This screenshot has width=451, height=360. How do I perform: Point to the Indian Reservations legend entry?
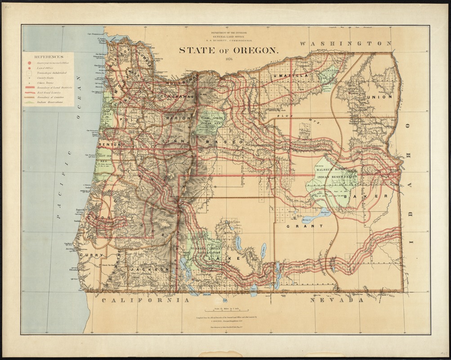(49, 103)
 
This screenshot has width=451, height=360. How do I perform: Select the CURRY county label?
(92, 255)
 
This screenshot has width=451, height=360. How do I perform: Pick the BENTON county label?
(110, 145)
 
